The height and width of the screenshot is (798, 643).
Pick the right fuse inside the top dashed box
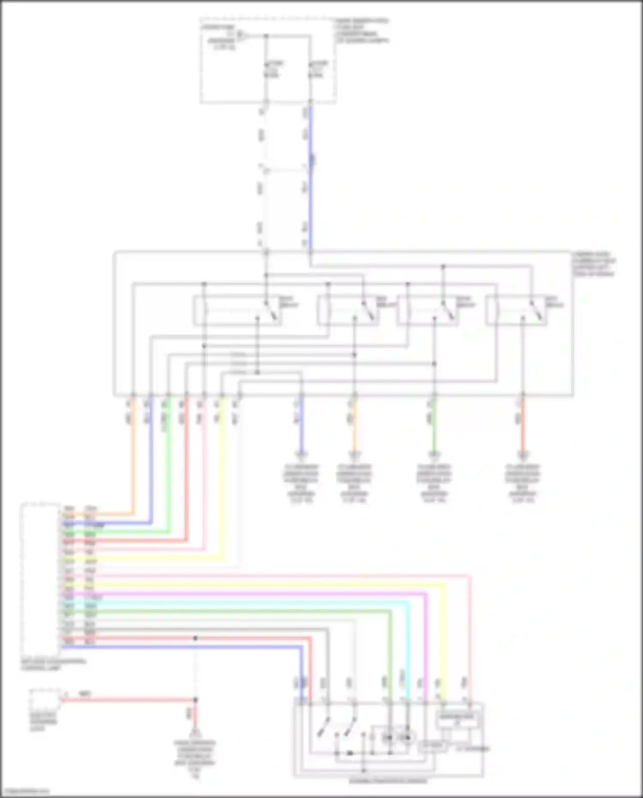[x=311, y=69]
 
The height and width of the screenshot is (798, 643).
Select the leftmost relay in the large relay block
[x=237, y=310]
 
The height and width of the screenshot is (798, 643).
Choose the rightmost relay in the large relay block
[x=517, y=310]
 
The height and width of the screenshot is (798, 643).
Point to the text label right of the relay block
[x=594, y=264]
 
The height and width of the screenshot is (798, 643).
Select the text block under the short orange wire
[x=354, y=483]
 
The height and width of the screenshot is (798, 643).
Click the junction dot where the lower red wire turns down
[x=195, y=700]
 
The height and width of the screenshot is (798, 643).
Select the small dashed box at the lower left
[x=45, y=701]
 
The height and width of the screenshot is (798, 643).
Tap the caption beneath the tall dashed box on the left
[x=53, y=665]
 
